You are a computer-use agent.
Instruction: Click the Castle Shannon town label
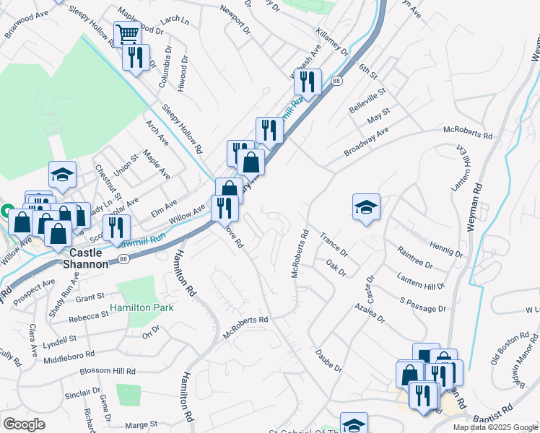coord(90,258)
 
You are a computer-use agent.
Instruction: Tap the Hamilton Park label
coord(144,307)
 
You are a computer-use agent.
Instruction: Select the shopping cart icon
coord(127,33)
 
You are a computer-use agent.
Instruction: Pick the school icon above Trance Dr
coord(366,206)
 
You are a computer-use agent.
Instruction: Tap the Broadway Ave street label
coord(366,142)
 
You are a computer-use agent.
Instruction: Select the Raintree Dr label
coord(414,258)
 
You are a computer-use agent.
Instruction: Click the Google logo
coord(24,424)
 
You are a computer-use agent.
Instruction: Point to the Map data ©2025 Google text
coord(495,427)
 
